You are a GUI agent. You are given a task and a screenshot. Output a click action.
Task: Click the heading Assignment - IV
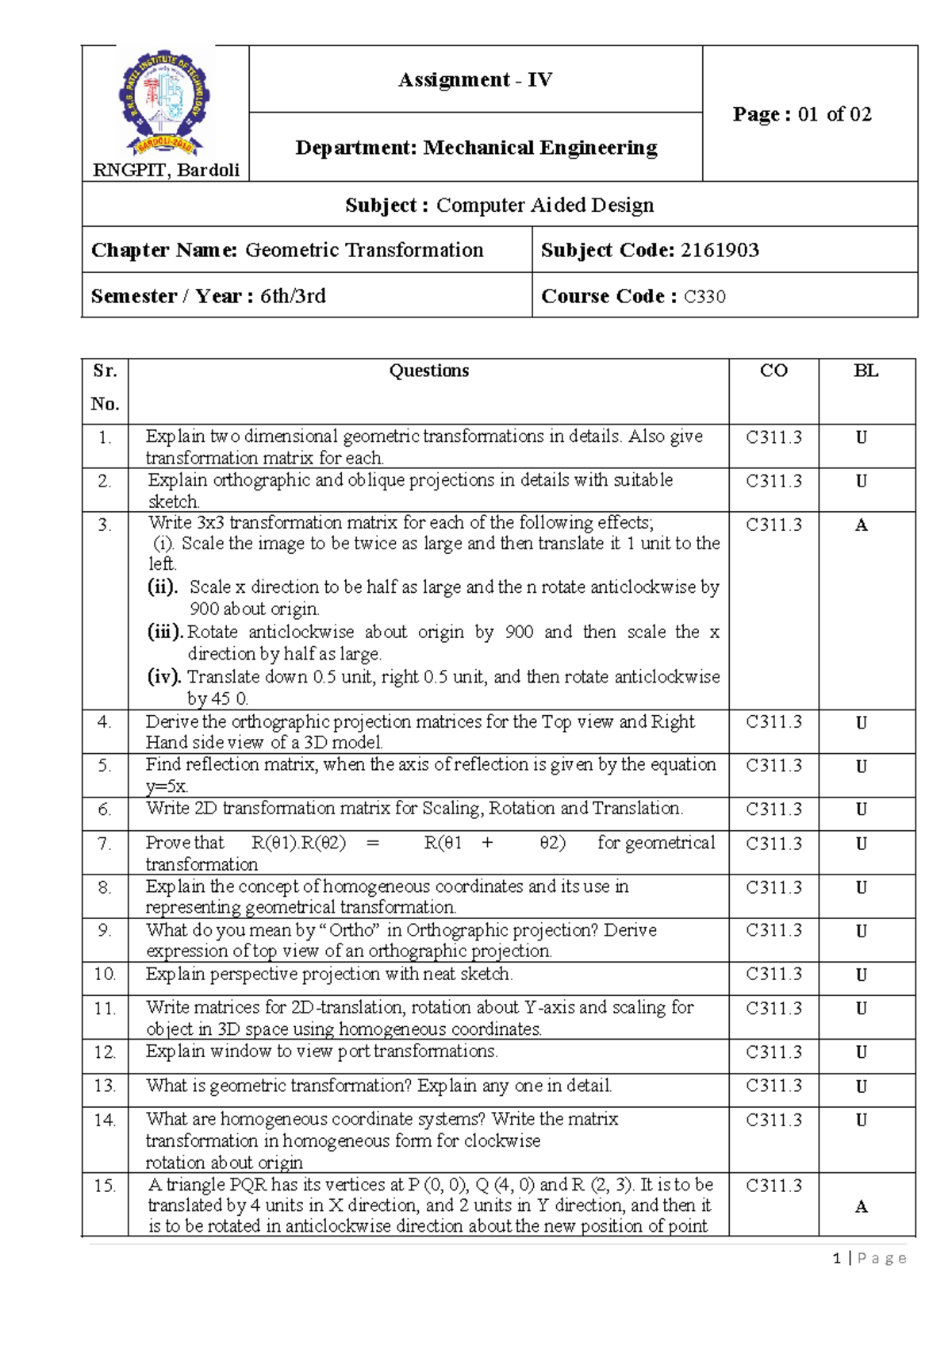475,79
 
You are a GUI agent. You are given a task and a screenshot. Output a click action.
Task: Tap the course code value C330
704,297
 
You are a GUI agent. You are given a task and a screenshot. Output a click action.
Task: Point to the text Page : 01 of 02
802,114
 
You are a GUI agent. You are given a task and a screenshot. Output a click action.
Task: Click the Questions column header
428,371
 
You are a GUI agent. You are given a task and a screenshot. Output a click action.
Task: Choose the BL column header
866,371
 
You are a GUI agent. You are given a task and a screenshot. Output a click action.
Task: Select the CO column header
773,371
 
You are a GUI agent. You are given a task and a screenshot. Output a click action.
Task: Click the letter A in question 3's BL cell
861,525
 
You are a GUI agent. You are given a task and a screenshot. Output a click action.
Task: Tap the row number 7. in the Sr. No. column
105,844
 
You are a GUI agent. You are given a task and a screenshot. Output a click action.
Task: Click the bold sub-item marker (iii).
166,632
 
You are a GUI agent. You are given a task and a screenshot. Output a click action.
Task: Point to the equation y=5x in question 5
167,786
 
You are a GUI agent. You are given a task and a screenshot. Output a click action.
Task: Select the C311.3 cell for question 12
773,1052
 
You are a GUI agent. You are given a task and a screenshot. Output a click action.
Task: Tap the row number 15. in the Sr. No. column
105,1186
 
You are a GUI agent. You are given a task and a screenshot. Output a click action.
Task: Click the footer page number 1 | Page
869,1258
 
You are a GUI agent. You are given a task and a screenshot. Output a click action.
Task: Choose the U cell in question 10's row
861,975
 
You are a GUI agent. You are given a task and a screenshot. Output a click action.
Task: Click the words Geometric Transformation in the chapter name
364,250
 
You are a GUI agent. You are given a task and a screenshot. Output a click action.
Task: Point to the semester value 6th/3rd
293,296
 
